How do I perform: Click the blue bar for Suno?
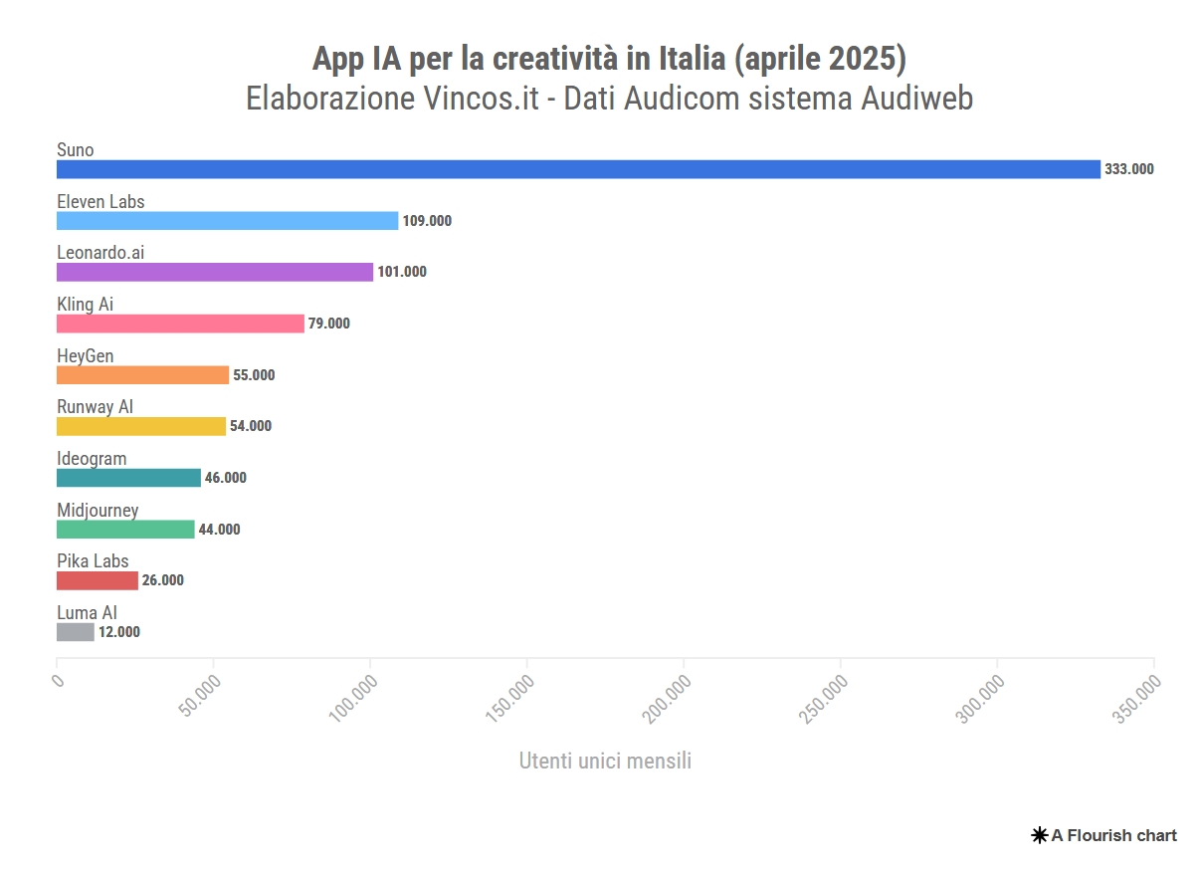(x=578, y=169)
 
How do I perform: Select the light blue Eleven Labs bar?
(x=227, y=221)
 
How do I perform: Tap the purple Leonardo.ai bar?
(x=215, y=272)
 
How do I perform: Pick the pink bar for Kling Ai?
(x=180, y=324)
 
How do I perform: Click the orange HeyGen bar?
(x=142, y=375)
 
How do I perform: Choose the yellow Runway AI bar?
(x=141, y=426)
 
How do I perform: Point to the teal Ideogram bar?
(x=128, y=478)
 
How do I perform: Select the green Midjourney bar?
(x=125, y=530)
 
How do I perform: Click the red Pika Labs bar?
(x=98, y=580)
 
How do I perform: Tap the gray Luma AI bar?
(x=76, y=632)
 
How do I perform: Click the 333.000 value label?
(x=1129, y=169)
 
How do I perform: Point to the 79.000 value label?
(x=329, y=324)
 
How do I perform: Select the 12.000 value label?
(x=119, y=632)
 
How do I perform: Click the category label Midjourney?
(x=98, y=511)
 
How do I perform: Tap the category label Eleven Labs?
(x=100, y=202)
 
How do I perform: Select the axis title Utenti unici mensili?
(x=605, y=762)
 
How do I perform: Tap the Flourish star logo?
(x=1040, y=835)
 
